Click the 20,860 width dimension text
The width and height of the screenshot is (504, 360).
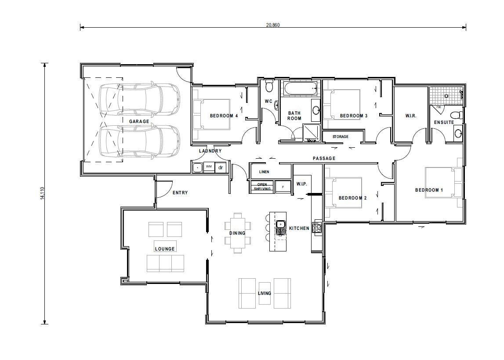click(x=272, y=25)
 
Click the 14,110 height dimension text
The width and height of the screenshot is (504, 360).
click(x=42, y=193)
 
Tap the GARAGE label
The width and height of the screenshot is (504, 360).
click(x=139, y=121)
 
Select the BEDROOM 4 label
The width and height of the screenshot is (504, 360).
click(x=224, y=116)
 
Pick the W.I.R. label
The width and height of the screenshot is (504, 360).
click(x=411, y=116)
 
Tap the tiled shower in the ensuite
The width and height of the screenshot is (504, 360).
click(x=446, y=95)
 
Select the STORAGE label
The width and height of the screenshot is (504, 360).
click(x=340, y=137)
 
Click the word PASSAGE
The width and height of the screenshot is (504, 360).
click(x=324, y=158)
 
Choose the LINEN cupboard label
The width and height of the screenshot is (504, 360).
click(x=264, y=172)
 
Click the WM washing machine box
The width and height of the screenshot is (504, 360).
click(x=209, y=167)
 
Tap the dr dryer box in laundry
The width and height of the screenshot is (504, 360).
click(x=221, y=167)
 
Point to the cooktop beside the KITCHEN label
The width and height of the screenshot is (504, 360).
click(x=316, y=227)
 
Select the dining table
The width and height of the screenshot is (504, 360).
click(x=238, y=233)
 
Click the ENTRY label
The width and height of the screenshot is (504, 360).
click(x=180, y=193)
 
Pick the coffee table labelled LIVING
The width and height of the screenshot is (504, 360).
click(x=265, y=293)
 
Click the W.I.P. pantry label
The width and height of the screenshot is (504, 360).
click(x=301, y=184)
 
